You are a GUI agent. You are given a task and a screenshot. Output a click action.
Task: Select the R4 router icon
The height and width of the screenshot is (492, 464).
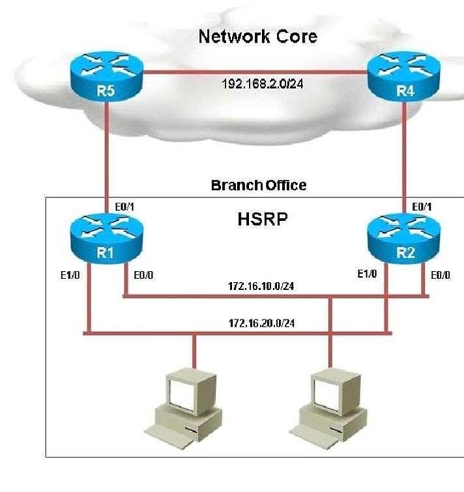tap(404, 76)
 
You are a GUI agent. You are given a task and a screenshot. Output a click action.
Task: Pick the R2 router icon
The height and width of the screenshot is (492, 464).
tap(404, 238)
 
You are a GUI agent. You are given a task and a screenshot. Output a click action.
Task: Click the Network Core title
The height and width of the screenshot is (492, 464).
tap(258, 37)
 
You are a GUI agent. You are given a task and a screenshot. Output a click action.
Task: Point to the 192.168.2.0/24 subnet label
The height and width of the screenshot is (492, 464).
tap(262, 84)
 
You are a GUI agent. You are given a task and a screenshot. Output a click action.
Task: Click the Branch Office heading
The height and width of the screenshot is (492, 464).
tap(258, 185)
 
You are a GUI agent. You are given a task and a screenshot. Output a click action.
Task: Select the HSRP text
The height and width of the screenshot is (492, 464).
tap(262, 219)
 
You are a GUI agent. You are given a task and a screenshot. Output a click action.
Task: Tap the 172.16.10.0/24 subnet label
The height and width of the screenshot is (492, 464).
tap(261, 286)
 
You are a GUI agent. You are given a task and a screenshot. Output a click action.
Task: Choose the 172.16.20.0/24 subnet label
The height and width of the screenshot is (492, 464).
tap(261, 323)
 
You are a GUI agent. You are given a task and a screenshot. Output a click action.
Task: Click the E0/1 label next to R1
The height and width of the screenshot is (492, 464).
tap(124, 207)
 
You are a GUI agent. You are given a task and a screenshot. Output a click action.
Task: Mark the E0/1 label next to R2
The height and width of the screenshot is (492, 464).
tap(421, 207)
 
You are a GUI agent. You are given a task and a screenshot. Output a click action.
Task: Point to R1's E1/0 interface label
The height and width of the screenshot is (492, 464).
tap(70, 275)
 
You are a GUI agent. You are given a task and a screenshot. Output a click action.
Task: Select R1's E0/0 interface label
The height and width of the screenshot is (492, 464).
tap(143, 275)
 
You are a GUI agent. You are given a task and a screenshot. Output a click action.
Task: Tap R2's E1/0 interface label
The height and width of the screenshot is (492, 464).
tap(367, 274)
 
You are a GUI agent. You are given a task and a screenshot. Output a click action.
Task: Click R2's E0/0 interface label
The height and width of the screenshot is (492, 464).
tap(441, 275)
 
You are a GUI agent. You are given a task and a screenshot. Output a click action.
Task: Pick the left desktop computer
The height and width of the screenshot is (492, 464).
tap(184, 408)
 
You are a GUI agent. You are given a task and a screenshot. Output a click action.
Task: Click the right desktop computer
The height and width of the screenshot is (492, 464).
tap(328, 408)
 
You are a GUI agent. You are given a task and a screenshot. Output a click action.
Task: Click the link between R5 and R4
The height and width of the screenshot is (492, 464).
tap(255, 73)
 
